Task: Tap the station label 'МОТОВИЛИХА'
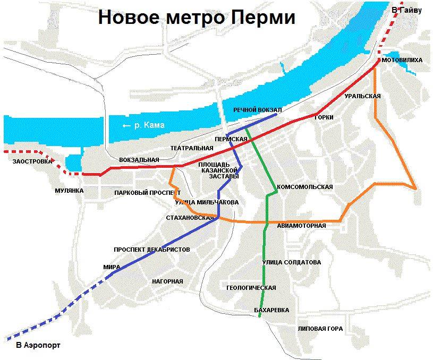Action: coord(402,61)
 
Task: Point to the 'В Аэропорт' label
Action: coord(38,345)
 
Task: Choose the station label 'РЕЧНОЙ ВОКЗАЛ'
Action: coord(257,109)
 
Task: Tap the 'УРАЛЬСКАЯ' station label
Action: coord(362,96)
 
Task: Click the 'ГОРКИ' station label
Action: coord(324,117)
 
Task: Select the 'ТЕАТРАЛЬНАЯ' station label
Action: coord(191,148)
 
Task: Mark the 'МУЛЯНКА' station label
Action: coord(70,190)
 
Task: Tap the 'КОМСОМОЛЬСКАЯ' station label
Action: coord(304,187)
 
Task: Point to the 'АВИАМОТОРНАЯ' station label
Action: coord(301,226)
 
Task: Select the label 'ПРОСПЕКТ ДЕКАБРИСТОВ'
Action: coord(151,250)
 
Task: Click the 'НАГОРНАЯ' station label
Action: coord(167,281)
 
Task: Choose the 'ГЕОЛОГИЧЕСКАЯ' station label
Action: coord(251,288)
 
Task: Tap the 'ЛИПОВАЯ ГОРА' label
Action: coord(320,328)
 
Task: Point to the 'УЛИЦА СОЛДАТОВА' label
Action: coord(291,262)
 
